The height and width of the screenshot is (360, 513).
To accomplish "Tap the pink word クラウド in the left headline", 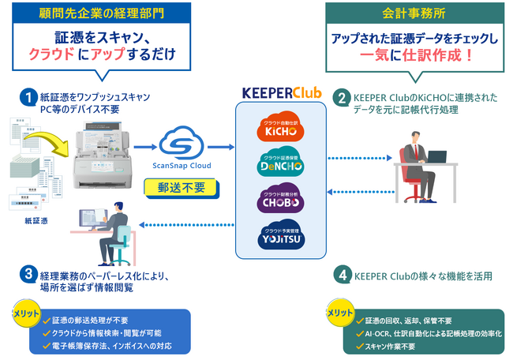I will point(52,54).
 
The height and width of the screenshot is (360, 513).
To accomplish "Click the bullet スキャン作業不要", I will point(395,346).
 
